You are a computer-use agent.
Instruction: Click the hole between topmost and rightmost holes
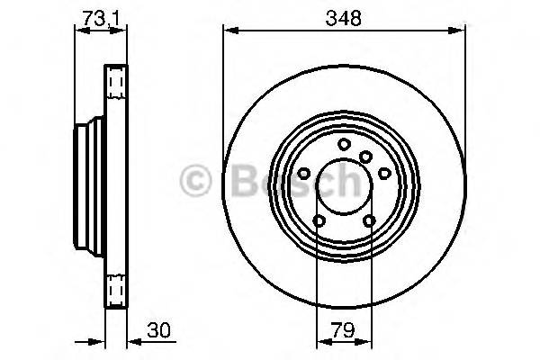(366, 157)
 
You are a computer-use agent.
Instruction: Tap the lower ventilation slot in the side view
(115, 290)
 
